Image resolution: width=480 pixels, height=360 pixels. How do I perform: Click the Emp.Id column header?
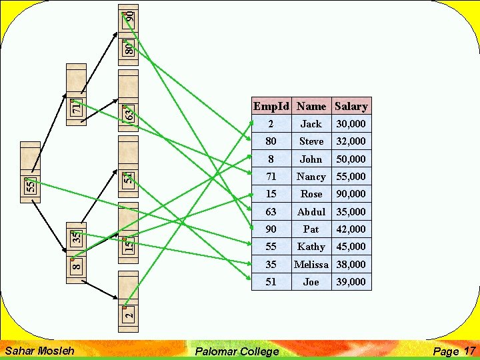coord(271,106)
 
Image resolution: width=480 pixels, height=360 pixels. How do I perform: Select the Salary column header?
coord(351,106)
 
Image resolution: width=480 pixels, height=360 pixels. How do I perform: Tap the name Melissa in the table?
coord(311,264)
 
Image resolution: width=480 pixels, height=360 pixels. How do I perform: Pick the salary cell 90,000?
coord(351,194)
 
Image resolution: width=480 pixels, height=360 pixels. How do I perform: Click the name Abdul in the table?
coord(311,211)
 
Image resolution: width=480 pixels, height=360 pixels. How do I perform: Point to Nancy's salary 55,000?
coord(351,177)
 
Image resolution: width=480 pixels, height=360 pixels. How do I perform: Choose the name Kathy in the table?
coord(311,247)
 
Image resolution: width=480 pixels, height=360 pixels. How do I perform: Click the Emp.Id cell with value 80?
coord(271,141)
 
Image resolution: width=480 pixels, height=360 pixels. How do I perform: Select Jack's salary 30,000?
coord(351,124)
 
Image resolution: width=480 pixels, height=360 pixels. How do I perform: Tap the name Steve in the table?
coord(311,141)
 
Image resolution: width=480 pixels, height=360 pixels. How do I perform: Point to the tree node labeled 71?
coord(76,106)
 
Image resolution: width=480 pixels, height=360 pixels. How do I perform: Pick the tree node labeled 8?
coord(77,267)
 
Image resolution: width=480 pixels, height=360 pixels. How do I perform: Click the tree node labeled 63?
coord(129,113)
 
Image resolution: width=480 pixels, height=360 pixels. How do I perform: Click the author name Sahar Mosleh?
coord(39,350)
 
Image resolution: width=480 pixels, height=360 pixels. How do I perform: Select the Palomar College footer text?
coord(237,351)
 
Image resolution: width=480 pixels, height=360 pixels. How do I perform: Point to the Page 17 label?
coord(453,351)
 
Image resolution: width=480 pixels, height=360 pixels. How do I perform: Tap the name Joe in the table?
coord(311,282)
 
